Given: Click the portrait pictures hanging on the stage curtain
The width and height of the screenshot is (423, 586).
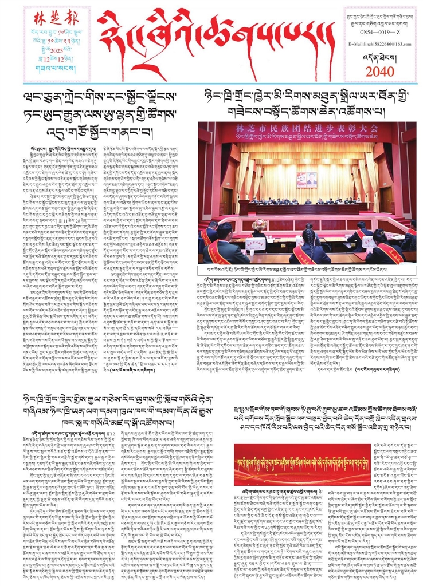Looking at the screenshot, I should [x=307, y=179].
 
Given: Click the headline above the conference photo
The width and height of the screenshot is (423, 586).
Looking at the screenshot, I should [x=310, y=102].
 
